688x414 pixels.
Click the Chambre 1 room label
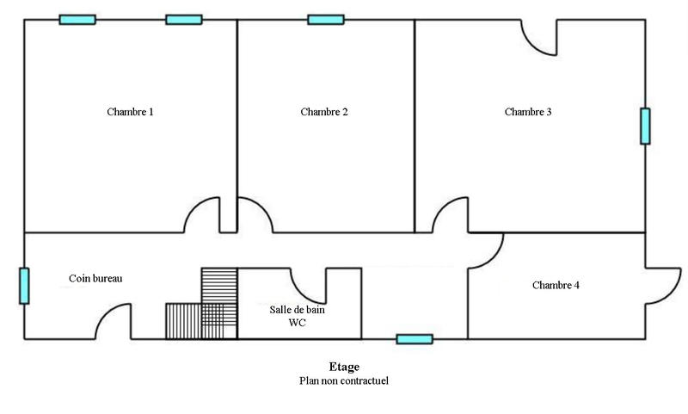point(130,112)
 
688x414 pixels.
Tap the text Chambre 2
point(324,112)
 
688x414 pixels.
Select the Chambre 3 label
point(528,112)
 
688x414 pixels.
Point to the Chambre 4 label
point(556,285)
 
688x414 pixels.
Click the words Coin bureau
point(95,278)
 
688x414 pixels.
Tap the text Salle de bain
point(297,310)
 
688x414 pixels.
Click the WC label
point(297,324)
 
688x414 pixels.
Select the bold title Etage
point(344,367)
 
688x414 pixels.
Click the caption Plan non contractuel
point(344,380)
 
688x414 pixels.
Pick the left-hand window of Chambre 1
point(77,20)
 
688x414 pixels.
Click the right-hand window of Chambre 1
point(183,20)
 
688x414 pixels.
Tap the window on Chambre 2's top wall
point(325,20)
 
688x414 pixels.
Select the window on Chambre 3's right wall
point(644,126)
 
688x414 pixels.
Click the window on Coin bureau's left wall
point(24,286)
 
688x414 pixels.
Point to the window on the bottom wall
point(415,339)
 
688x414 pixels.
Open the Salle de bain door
point(308,285)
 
